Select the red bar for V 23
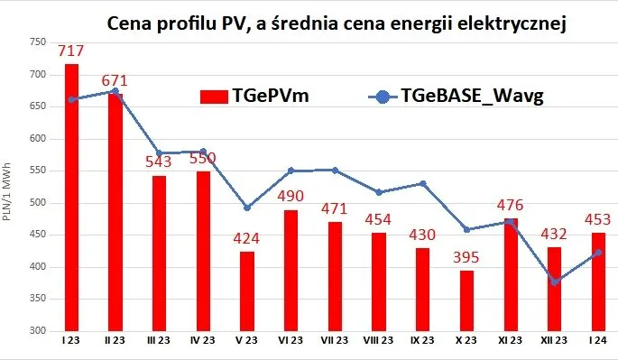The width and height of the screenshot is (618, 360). (x=247, y=291)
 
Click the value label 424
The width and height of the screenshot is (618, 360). (x=247, y=240)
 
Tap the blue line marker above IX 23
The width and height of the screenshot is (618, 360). (x=423, y=184)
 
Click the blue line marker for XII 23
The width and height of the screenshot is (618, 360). (x=555, y=282)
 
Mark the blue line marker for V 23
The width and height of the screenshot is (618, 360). (x=247, y=208)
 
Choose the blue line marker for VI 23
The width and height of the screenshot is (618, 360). (x=291, y=171)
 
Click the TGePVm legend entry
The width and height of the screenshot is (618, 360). (x=256, y=97)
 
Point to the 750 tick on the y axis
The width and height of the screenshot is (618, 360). (x=36, y=42)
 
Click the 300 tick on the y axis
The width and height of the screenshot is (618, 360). (x=36, y=331)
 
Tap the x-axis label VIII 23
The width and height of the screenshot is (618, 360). (x=379, y=341)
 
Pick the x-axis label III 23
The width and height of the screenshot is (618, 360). (x=159, y=341)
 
